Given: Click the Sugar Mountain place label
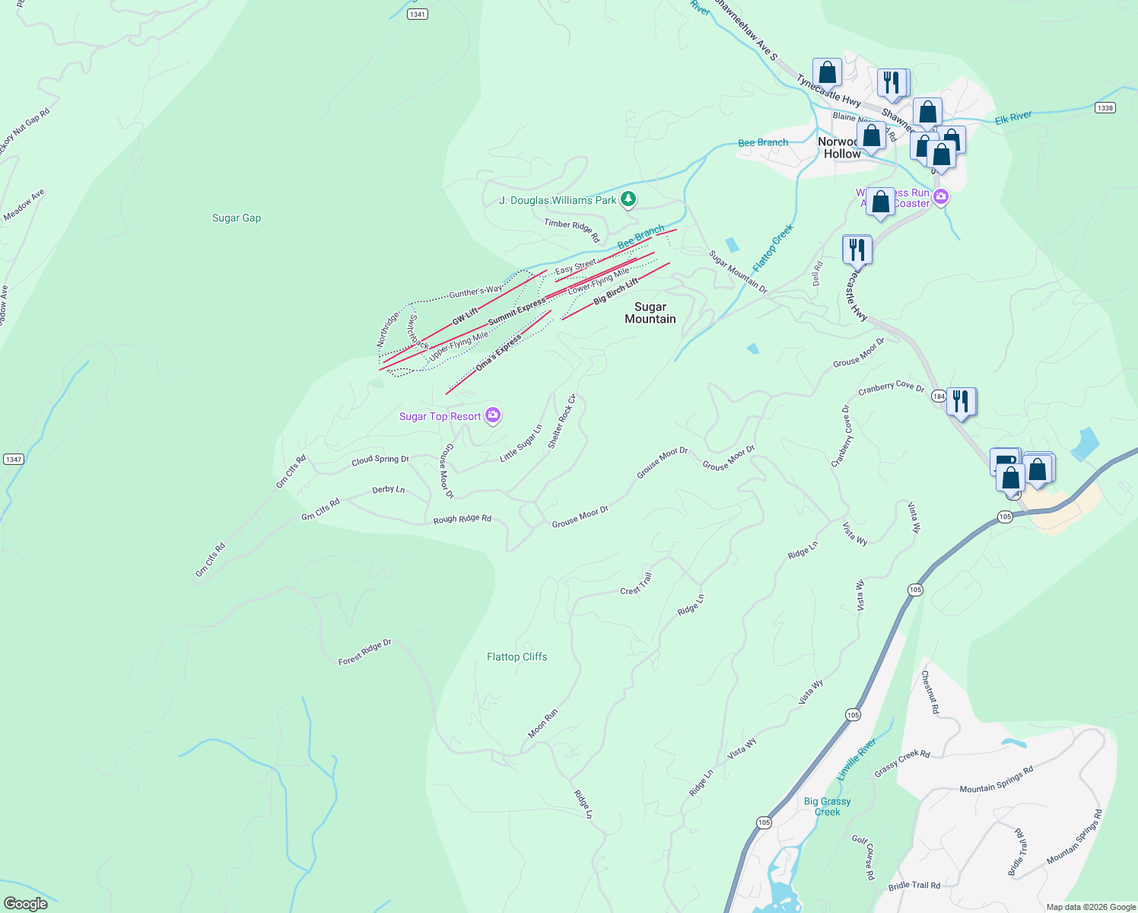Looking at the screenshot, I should tap(650, 313).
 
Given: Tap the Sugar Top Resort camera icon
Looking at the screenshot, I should tap(493, 415).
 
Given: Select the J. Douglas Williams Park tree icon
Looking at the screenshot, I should tap(628, 199).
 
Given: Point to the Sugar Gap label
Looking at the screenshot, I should tap(237, 218).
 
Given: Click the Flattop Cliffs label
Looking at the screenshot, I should tap(517, 657).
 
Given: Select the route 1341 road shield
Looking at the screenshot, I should tap(417, 14).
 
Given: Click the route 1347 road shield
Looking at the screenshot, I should tap(14, 459).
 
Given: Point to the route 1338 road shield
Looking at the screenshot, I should tap(1105, 107).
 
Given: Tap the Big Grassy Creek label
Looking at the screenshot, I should tap(828, 806).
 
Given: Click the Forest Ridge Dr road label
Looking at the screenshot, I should tap(365, 652).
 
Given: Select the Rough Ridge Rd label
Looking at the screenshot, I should tap(463, 519).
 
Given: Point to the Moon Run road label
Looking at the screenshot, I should tap(543, 723).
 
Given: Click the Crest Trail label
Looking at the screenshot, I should tap(637, 584).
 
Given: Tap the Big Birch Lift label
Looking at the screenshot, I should tap(616, 292).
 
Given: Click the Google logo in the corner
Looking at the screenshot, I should tap(26, 903).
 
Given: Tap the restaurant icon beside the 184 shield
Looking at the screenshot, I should tap(962, 401).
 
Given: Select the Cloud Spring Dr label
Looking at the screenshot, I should tap(380, 460).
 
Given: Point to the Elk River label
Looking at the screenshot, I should tap(1014, 117).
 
